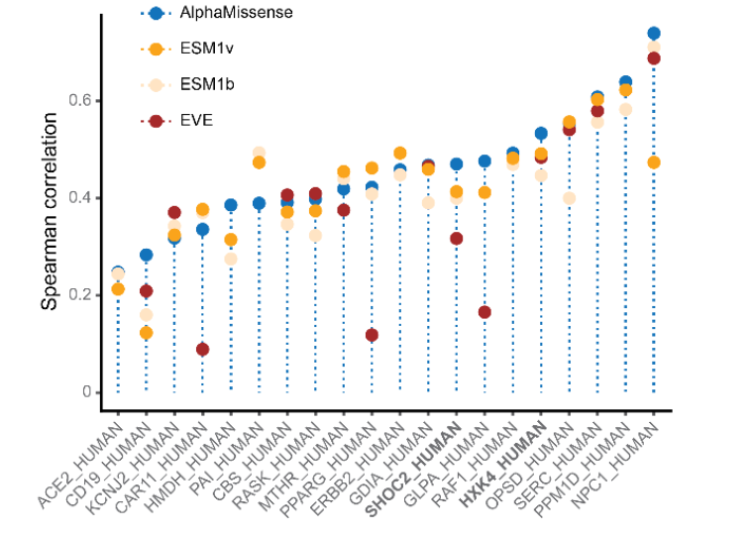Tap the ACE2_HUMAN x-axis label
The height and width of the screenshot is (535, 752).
point(80,468)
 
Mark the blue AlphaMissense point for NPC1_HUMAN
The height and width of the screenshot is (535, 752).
point(654,34)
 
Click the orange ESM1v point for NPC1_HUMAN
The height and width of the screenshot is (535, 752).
point(654,162)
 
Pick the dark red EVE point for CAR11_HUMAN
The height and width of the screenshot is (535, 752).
point(202,349)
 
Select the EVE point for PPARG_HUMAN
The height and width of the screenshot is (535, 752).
point(372,335)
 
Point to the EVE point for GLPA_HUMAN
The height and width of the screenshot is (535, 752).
point(484,312)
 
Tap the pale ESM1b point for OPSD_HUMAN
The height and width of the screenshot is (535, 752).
point(569,198)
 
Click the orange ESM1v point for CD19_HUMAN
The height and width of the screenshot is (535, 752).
point(146,333)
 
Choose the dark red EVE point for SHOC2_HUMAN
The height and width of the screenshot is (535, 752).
point(456,238)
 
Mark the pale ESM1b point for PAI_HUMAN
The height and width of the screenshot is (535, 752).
point(259,153)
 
